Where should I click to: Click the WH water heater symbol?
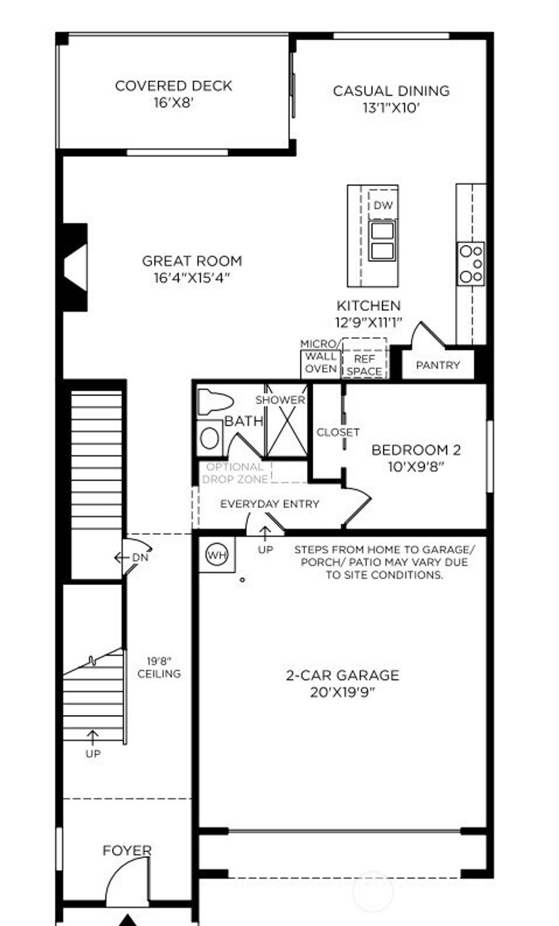[x=217, y=555]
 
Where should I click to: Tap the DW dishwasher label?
[x=383, y=205]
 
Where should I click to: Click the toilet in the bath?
[x=215, y=401]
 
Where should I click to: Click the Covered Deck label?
[x=174, y=86]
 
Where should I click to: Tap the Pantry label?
[x=438, y=365]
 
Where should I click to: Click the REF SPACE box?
[x=364, y=365]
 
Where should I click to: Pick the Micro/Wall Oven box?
[x=320, y=363]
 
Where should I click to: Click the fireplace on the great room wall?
[x=75, y=267]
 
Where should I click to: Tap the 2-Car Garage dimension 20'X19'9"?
[x=342, y=692]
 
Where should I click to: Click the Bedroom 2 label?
[x=416, y=450]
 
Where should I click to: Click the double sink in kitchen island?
[x=382, y=240]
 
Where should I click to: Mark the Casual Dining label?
[x=391, y=91]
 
